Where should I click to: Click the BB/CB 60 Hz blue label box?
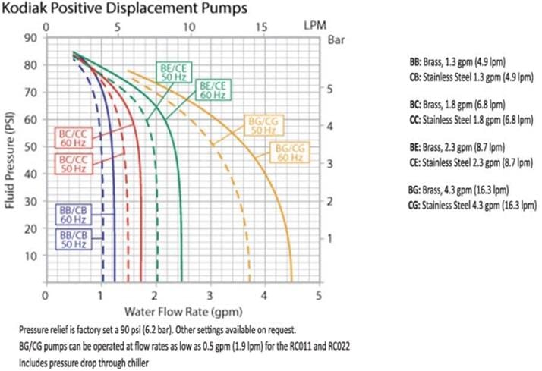(x=73, y=214)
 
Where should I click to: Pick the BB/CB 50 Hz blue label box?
(x=73, y=241)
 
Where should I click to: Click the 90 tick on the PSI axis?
(x=33, y=37)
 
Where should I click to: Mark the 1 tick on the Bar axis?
(x=330, y=237)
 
